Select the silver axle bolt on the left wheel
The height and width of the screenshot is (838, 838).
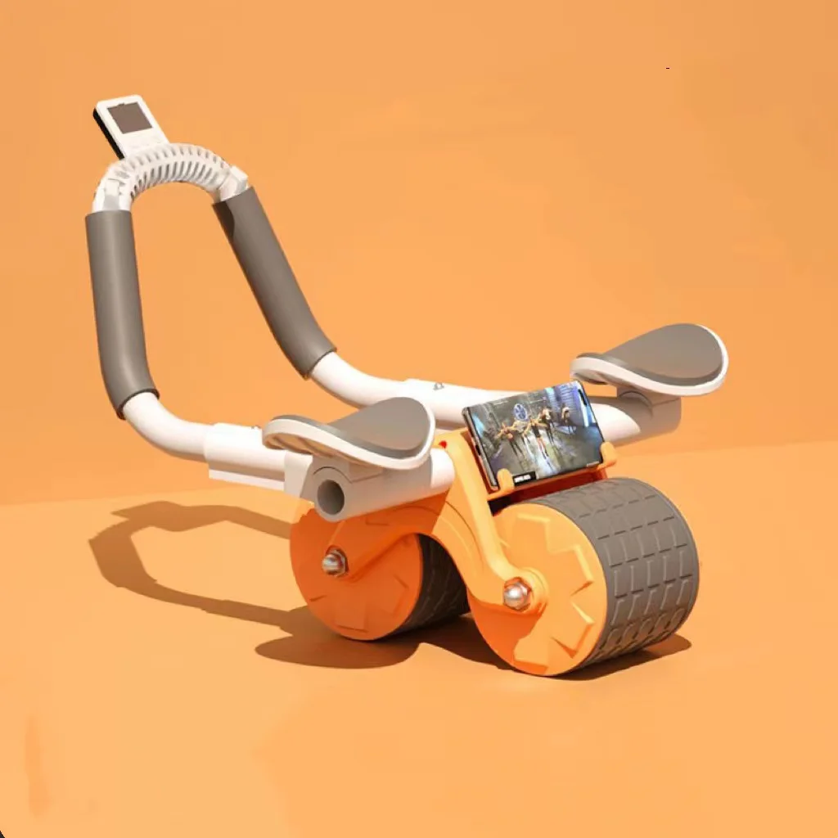click(x=335, y=562)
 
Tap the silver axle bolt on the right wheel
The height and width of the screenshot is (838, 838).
click(x=516, y=593)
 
